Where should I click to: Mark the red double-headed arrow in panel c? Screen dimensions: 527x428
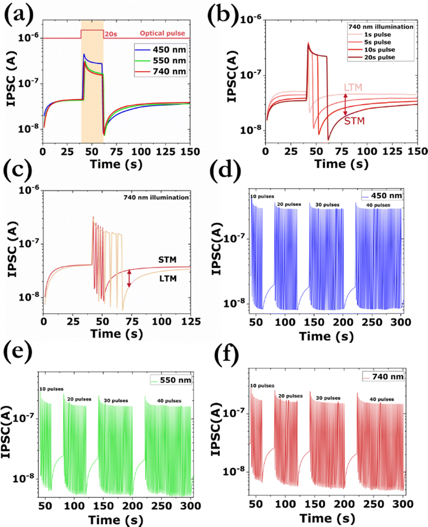[129, 279]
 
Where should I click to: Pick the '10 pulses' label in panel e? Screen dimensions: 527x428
[51, 389]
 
